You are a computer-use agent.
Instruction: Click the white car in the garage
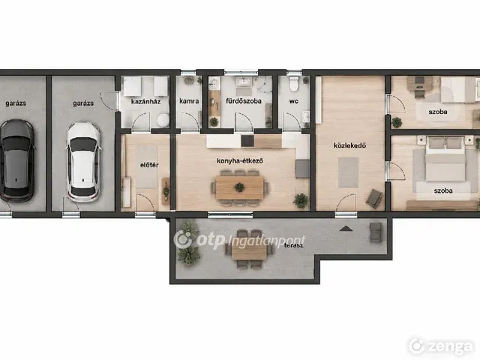(x=83, y=162)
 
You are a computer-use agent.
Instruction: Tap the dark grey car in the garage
(x=16, y=160)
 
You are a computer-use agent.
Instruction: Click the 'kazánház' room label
(x=145, y=101)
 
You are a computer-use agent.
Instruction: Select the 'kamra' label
(x=189, y=101)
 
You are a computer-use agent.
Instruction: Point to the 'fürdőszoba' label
(x=244, y=100)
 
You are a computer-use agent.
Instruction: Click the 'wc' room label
(x=293, y=101)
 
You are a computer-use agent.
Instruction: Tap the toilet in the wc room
(x=294, y=84)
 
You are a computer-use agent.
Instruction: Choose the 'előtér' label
(x=149, y=165)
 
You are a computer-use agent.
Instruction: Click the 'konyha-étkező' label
(x=240, y=160)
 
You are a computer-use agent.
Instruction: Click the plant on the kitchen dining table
(x=239, y=187)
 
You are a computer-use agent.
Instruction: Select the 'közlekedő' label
(x=349, y=145)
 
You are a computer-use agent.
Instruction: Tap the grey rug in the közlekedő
(x=348, y=172)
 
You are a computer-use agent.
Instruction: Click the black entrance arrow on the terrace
(x=346, y=228)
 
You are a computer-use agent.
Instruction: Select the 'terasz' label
(x=294, y=245)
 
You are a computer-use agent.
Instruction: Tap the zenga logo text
(x=450, y=346)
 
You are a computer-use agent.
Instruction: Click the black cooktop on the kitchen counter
(x=247, y=141)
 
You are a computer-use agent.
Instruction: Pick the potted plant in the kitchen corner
(x=301, y=200)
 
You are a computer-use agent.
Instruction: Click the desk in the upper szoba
(x=419, y=83)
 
